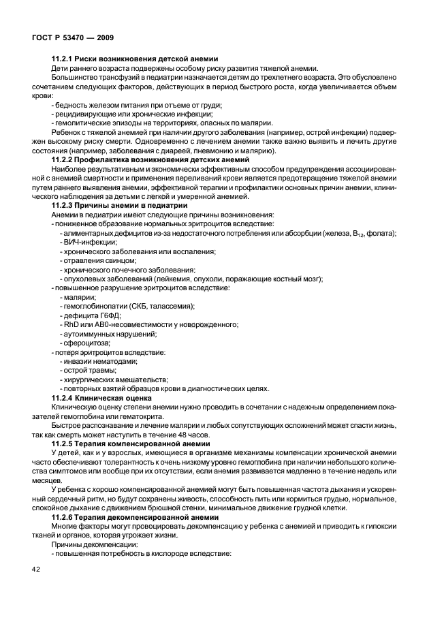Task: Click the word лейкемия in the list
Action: click(x=176, y=279)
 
